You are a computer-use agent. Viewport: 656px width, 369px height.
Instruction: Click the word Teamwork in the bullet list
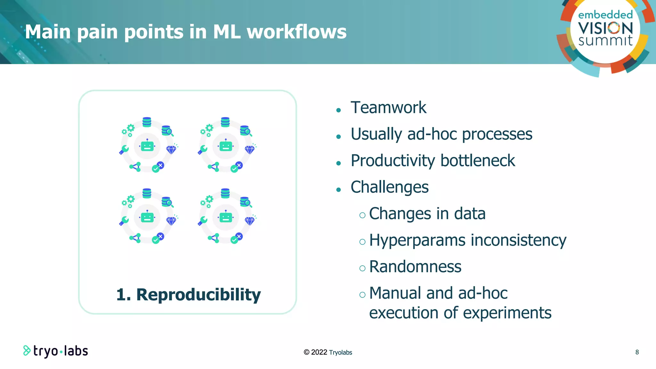point(388,108)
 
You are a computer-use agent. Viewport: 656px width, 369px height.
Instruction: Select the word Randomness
point(415,267)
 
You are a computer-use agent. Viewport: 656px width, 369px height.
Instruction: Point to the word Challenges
point(389,187)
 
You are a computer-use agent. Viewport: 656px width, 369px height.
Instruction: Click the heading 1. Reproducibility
point(188,295)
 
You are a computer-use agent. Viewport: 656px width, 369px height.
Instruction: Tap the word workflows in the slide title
point(297,32)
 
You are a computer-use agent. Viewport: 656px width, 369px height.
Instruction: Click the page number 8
point(637,352)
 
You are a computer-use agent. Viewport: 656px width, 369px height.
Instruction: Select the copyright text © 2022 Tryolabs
point(328,352)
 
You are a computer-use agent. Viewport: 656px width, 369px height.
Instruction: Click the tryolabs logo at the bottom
point(56,351)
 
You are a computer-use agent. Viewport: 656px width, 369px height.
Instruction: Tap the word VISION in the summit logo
point(605,28)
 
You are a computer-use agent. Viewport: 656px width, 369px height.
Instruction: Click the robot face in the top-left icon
point(147,146)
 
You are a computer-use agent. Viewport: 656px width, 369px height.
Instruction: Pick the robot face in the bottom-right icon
point(225,217)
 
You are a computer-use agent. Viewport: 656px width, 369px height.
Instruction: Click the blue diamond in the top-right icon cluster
point(250,149)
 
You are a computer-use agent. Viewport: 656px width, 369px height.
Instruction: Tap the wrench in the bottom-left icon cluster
point(124,220)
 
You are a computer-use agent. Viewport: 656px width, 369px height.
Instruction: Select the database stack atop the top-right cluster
point(225,122)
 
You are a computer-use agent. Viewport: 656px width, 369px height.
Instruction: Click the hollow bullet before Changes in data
point(362,215)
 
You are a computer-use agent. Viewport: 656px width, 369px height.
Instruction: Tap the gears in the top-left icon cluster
point(128,130)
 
